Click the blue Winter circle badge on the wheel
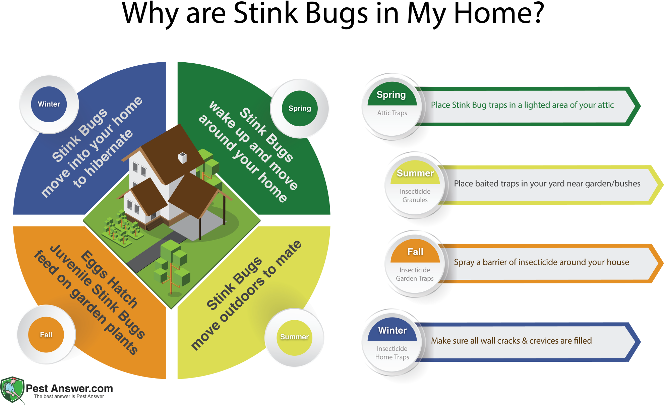(49, 104)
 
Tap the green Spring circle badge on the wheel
(300, 109)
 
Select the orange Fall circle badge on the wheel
(46, 335)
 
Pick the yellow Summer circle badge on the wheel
(295, 337)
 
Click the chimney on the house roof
(182, 157)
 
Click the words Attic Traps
(392, 113)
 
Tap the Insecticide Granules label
(415, 196)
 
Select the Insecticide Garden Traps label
(415, 274)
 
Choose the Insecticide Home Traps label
(392, 353)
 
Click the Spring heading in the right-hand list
(391, 95)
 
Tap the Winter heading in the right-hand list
(392, 330)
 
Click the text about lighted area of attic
(522, 105)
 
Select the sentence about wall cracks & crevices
(511, 341)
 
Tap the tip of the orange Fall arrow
(662, 263)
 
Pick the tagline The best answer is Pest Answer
(69, 396)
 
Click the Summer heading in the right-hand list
(415, 173)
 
